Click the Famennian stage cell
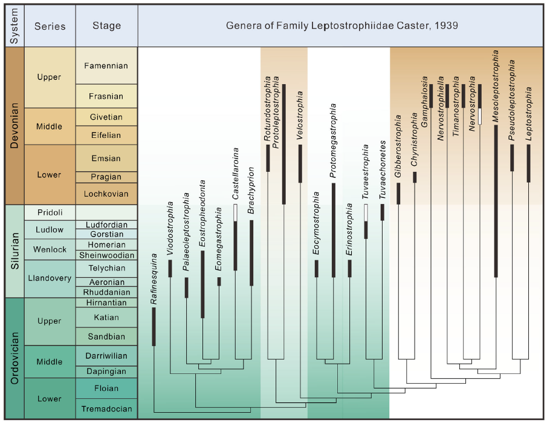[107, 65]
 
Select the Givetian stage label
[107, 117]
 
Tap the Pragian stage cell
[107, 177]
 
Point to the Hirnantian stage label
[107, 303]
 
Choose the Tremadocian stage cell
[107, 408]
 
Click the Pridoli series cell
[50, 212]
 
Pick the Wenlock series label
[50, 249]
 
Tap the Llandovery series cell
[50, 278]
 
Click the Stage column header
[107, 26]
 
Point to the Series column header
[50, 26]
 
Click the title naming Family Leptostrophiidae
[341, 26]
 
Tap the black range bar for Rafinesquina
[154, 326]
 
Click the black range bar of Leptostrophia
[529, 162]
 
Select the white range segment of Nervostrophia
[479, 116]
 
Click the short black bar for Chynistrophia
[415, 177]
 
